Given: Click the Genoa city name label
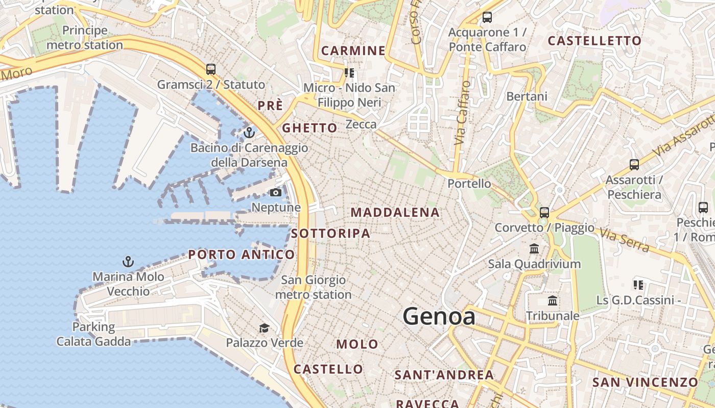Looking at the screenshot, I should point(439,316).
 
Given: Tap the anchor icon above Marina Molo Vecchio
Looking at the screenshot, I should point(128,262).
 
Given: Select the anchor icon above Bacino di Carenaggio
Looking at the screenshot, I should point(249,133).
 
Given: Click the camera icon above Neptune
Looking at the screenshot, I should point(275,193).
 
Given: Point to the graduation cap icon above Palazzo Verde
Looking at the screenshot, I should point(264,328).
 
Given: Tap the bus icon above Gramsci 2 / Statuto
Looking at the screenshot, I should point(210,69).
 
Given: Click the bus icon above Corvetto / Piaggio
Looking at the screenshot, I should point(544,213).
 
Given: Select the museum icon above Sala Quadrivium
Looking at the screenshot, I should point(534,249).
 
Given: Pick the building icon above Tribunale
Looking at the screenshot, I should point(553,301).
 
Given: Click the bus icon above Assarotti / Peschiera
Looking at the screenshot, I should point(634,165).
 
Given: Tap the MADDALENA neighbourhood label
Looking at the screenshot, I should point(395,213).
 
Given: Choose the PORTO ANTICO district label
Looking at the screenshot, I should point(242,254).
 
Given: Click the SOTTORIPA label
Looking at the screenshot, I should point(330,234).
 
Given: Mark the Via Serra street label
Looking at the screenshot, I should point(624,240).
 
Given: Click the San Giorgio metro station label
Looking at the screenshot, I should point(314,287).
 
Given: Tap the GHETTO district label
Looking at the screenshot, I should point(309,128).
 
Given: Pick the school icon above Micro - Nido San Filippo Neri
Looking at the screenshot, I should point(349,73).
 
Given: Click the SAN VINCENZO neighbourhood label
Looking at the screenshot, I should point(645,382).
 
